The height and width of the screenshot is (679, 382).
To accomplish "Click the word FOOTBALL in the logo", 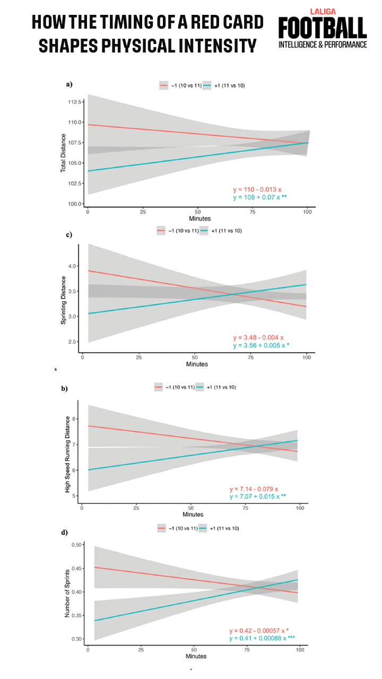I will pos(322,27).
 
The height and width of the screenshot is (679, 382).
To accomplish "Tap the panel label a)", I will pos(69,84).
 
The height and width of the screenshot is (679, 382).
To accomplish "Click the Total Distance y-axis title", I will pos(63,152).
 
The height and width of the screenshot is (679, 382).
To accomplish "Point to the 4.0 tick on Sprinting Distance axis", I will pos(72,266).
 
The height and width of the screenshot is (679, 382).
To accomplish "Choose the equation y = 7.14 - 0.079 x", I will pos(254,489).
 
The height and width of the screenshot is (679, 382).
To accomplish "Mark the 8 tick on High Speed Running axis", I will pos(75,419).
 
